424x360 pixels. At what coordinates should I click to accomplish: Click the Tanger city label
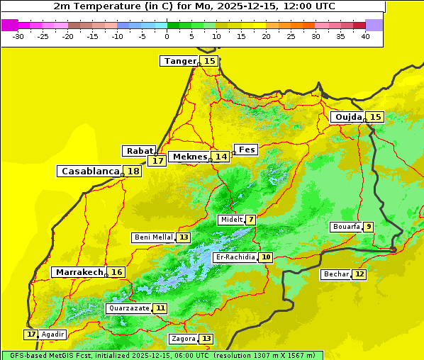click(179, 61)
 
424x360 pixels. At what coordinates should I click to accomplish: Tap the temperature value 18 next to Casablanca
click(133, 171)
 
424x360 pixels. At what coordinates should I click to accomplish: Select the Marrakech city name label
click(79, 272)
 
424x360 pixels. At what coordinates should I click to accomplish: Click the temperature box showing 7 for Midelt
click(250, 220)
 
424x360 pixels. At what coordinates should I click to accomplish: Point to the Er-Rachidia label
click(235, 257)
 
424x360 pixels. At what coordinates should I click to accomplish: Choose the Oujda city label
click(348, 117)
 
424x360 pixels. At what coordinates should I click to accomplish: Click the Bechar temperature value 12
click(359, 274)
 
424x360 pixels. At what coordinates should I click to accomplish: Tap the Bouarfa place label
click(346, 227)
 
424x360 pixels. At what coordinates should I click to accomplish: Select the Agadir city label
click(53, 334)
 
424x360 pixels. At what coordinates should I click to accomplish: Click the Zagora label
click(183, 339)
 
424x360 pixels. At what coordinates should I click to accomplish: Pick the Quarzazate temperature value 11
click(161, 308)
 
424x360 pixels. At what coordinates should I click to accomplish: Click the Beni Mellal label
click(153, 237)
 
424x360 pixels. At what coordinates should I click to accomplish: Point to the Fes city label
click(246, 150)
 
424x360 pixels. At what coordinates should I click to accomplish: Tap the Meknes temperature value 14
click(221, 157)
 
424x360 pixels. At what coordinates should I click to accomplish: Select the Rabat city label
click(139, 151)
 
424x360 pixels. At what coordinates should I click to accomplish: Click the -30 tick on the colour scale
click(18, 36)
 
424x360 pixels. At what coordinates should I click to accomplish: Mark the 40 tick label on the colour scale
click(365, 36)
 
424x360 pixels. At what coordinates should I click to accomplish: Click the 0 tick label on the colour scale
click(167, 36)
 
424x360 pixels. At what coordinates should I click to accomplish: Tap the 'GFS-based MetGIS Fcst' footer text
click(50, 355)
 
